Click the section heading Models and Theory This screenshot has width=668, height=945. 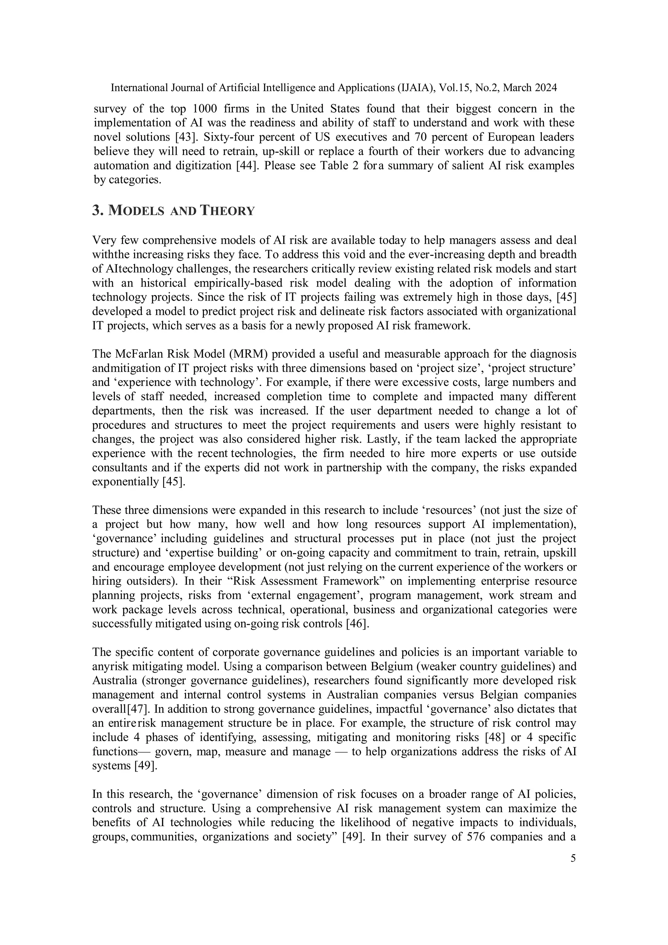pos(173,211)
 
